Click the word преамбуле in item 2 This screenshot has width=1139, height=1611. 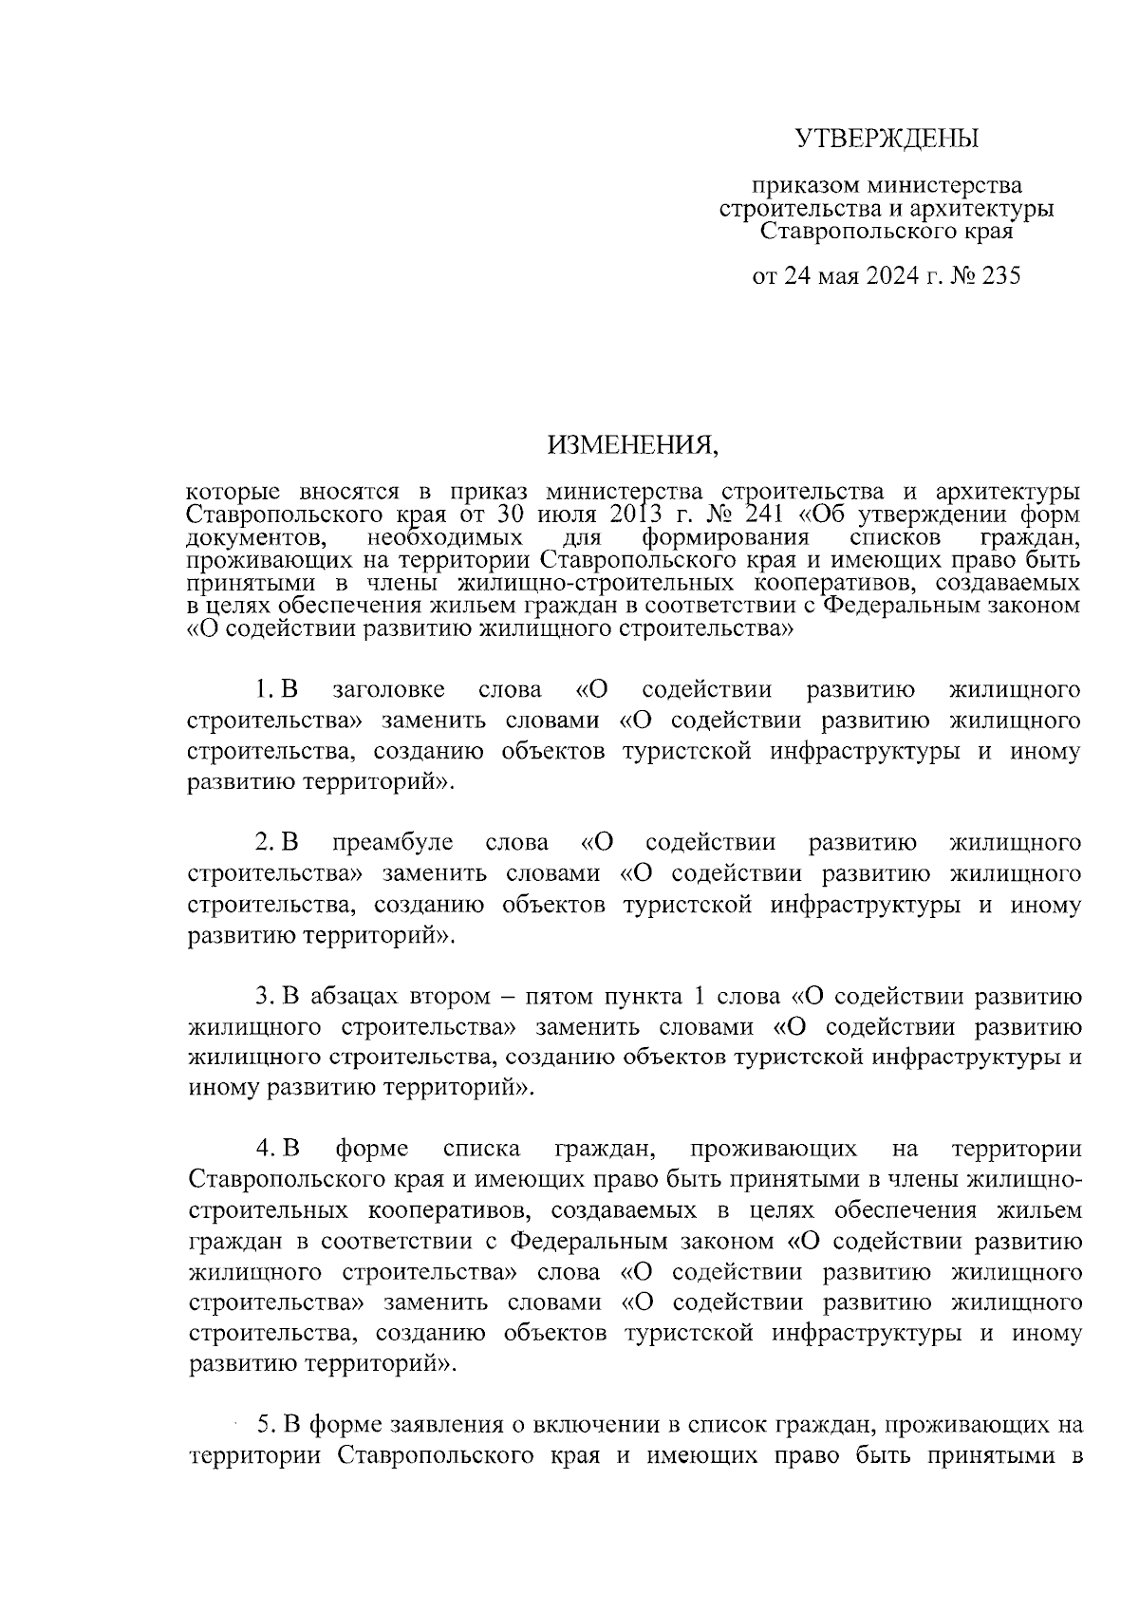[x=393, y=843]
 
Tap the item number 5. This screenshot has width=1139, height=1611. [x=265, y=1424]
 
